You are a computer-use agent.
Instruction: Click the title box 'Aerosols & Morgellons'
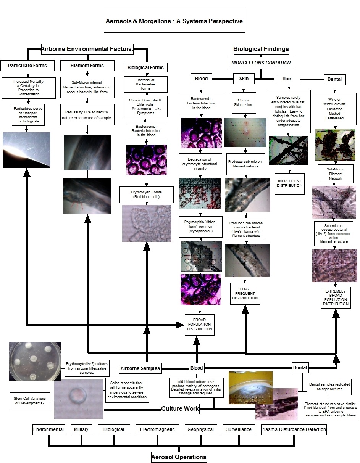coord(174,21)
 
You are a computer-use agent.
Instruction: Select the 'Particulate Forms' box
coord(27,66)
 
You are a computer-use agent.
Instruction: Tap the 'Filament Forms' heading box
coord(87,66)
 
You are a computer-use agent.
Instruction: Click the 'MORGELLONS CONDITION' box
coord(261,63)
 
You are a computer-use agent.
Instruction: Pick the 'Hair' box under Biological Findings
coord(287,79)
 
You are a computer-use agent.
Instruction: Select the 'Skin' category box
coord(244,79)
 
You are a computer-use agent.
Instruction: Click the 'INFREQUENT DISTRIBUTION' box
coord(289,183)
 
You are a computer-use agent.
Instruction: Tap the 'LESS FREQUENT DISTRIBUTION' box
coord(245,294)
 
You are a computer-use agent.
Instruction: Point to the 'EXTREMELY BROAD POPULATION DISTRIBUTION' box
coord(336,297)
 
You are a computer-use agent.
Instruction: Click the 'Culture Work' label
coord(180,408)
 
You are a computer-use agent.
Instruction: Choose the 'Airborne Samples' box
coord(140,368)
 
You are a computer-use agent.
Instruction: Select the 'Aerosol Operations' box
coord(179,457)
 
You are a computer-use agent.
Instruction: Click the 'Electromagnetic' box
coord(157,429)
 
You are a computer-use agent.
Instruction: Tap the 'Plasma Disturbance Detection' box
coord(294,429)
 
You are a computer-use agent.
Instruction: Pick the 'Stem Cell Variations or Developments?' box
coord(30,400)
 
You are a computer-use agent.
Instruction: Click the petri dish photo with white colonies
coord(35,361)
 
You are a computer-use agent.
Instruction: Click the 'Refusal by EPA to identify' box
coord(87,115)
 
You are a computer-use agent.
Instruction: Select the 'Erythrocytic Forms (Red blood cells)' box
coord(146,195)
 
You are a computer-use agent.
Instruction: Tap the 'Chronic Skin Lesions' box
coord(244,103)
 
